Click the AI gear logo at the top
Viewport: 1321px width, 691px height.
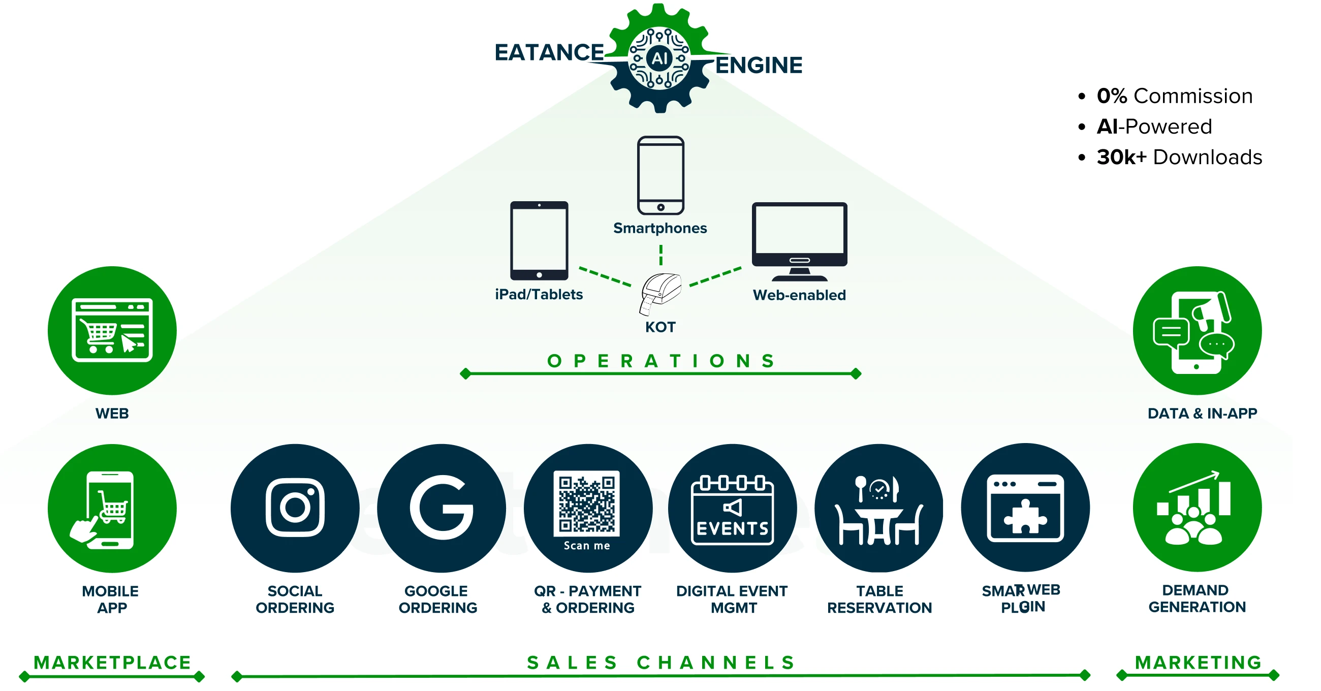pyautogui.click(x=659, y=58)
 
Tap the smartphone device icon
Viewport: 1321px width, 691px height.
pyautogui.click(x=660, y=175)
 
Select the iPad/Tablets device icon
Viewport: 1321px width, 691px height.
pyautogui.click(x=539, y=240)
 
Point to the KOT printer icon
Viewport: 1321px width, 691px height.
pyautogui.click(x=660, y=293)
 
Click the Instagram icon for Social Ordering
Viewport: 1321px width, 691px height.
pyautogui.click(x=295, y=508)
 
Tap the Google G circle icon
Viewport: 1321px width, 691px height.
pyautogui.click(x=441, y=508)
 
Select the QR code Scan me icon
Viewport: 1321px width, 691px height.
pyautogui.click(x=587, y=508)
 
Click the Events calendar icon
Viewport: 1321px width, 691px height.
pyautogui.click(x=732, y=508)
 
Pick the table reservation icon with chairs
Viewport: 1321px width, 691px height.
pyautogui.click(x=879, y=508)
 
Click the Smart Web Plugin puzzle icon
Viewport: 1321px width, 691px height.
pyautogui.click(x=1025, y=508)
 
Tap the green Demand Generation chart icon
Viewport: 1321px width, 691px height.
pyautogui.click(x=1197, y=508)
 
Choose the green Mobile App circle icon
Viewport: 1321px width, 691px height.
pyautogui.click(x=112, y=508)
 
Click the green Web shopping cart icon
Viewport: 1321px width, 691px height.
pyautogui.click(x=112, y=330)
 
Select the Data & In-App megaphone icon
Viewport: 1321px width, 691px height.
pyautogui.click(x=1197, y=330)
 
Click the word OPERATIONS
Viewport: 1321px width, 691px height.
pyautogui.click(x=660, y=361)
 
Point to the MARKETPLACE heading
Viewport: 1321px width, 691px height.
pyautogui.click(x=112, y=662)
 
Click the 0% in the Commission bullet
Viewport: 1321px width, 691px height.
pyautogui.click(x=1112, y=96)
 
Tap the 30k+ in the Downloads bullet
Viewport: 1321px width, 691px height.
pyautogui.click(x=1121, y=157)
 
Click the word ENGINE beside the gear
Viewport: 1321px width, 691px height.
pyautogui.click(x=759, y=66)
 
